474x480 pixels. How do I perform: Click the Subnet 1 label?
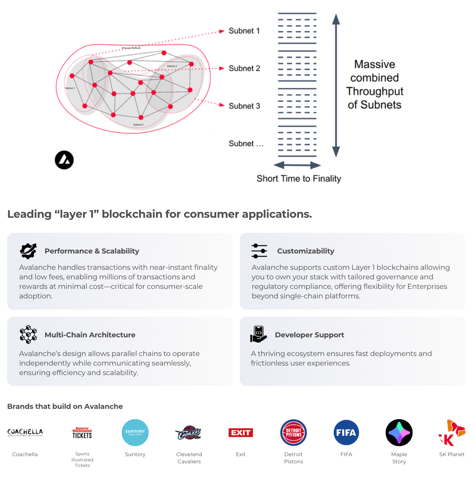pos(244,31)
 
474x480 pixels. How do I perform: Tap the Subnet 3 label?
pos(244,106)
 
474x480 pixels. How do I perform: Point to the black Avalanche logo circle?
pos(64,160)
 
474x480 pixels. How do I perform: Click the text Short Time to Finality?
pos(299,179)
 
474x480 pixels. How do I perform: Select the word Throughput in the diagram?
pos(374,91)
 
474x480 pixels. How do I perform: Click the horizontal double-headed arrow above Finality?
pos(297,165)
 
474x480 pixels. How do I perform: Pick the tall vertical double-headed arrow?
pos(336,85)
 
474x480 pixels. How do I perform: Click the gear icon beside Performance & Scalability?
pos(28,251)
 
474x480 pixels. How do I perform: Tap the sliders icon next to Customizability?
pos(259,251)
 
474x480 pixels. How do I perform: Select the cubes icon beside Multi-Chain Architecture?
pos(28,335)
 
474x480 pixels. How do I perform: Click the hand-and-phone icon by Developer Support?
pos(258,334)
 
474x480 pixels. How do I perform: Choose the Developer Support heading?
pos(309,335)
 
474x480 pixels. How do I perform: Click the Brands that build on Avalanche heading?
pos(65,406)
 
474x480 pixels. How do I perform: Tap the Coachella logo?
pos(25,432)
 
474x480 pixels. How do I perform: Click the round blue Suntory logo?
pos(135,433)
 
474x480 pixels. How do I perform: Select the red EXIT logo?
pos(241,433)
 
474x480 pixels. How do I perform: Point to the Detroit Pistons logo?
pos(293,433)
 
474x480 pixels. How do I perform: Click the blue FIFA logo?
pos(346,433)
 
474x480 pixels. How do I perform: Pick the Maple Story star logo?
pos(399,433)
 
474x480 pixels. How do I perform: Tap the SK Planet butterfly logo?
pos(452,433)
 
